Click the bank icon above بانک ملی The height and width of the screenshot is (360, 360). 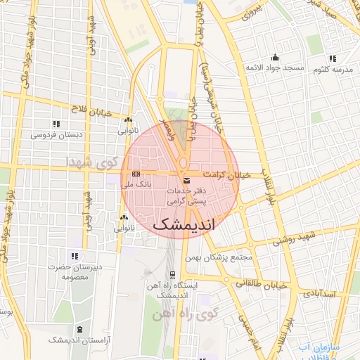point(136,174)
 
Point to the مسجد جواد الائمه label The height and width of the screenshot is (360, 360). point(274,67)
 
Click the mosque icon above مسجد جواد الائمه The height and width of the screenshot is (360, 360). point(274,58)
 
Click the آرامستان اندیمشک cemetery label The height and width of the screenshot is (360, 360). point(77,340)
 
